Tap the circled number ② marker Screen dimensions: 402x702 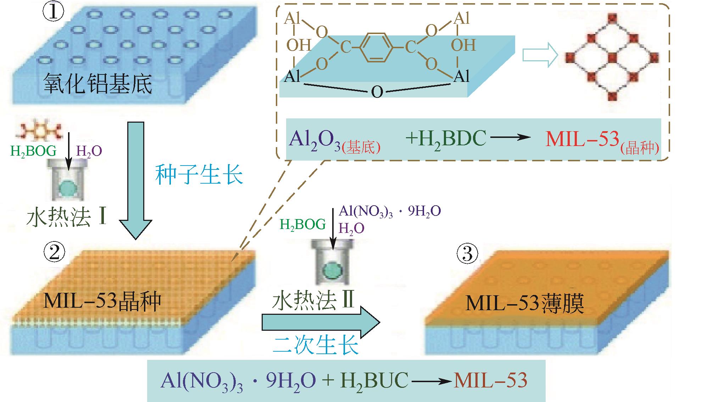[54, 252]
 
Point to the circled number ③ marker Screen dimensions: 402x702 [467, 254]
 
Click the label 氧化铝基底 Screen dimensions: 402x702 [97, 84]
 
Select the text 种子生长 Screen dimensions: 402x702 [199, 174]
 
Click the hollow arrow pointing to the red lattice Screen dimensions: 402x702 [540, 55]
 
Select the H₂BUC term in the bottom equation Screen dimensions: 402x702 [374, 381]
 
